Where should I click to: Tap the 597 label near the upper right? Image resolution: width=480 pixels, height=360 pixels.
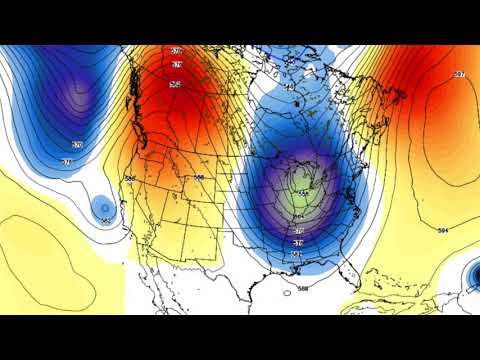(x=459, y=75)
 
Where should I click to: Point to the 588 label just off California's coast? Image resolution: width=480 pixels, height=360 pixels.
(x=130, y=178)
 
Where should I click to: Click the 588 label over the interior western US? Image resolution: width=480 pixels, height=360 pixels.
(x=198, y=177)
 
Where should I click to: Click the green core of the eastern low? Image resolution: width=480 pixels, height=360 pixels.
(x=302, y=193)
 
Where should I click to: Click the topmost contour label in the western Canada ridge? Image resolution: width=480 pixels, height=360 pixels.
(x=177, y=50)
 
